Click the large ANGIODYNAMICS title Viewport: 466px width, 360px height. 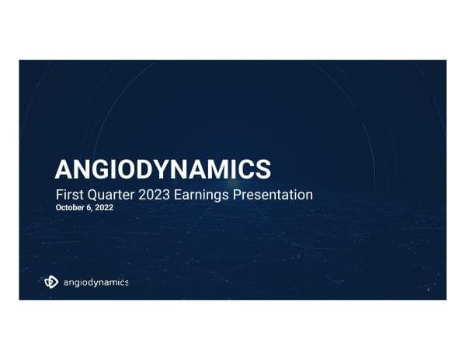(163, 168)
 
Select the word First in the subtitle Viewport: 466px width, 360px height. (68, 195)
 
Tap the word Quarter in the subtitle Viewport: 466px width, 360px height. (106, 195)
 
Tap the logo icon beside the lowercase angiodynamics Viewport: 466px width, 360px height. (51, 282)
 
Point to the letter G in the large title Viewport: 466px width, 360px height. (105, 168)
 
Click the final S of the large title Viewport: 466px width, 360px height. (263, 168)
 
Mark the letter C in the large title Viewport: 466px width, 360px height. (248, 168)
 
